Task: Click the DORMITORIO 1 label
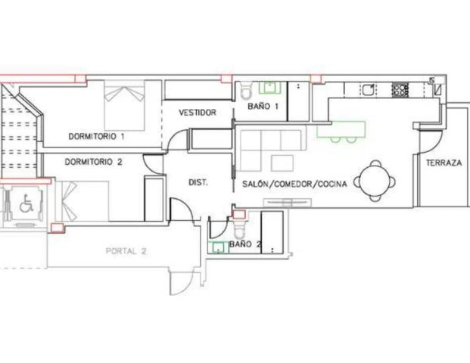click(x=96, y=137)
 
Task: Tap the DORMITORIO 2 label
click(x=94, y=162)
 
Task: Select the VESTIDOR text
click(x=198, y=113)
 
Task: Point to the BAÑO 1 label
click(x=263, y=106)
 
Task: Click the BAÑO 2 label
click(x=245, y=244)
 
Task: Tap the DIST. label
click(x=198, y=182)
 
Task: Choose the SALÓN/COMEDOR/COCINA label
click(x=294, y=184)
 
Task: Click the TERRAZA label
click(x=444, y=163)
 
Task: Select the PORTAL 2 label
click(x=126, y=251)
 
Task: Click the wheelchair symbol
click(x=26, y=203)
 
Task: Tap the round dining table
click(x=375, y=181)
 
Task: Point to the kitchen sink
click(x=368, y=89)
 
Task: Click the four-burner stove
click(x=400, y=89)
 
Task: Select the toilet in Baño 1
click(x=246, y=91)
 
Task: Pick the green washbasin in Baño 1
click(x=269, y=88)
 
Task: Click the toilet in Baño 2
click(x=239, y=230)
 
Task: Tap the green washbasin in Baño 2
click(x=219, y=248)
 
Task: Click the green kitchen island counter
click(x=341, y=129)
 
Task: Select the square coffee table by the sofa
click(x=282, y=163)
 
